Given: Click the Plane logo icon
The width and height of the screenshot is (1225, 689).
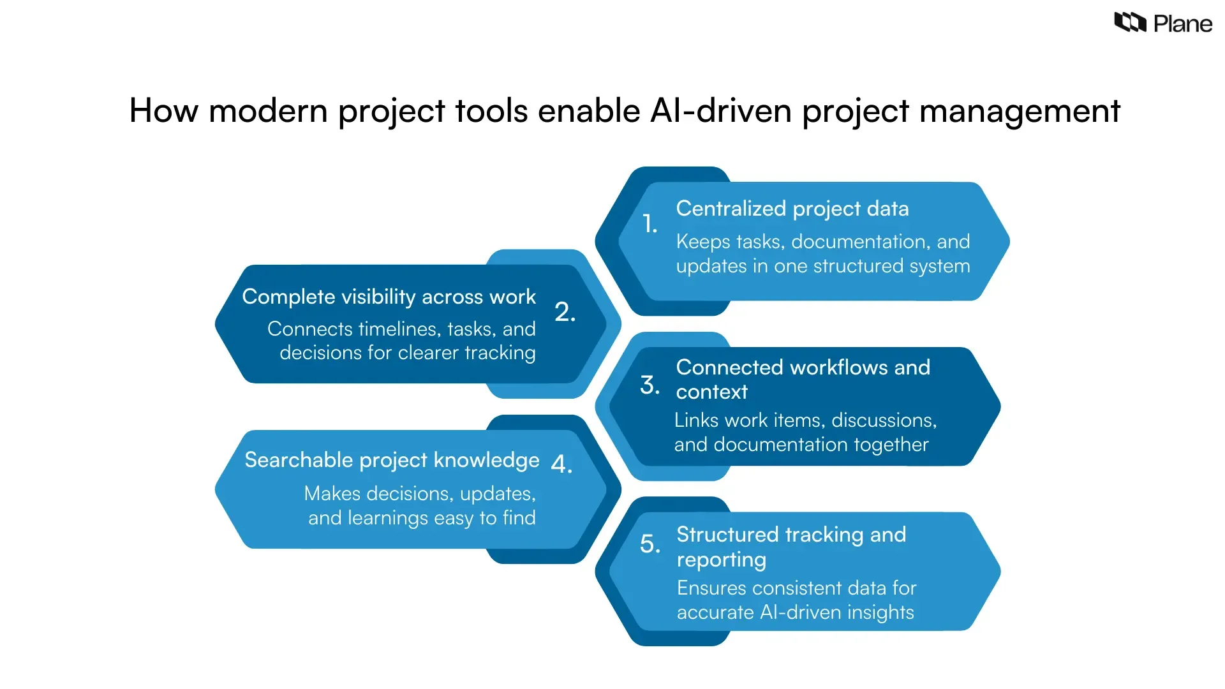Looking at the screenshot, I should (x=1130, y=22).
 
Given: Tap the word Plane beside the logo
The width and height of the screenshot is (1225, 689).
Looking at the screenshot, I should (x=1182, y=24).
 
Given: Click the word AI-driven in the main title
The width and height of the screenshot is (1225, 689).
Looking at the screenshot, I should (x=721, y=110).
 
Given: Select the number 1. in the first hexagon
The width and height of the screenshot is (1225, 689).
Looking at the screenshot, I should (x=650, y=224).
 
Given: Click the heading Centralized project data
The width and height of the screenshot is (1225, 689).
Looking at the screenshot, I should (x=792, y=209).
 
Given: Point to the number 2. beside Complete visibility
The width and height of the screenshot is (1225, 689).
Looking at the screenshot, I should (x=565, y=312).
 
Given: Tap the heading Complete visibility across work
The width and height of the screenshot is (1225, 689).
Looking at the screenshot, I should (x=389, y=297).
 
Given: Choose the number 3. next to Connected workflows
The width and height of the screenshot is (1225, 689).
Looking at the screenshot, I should (x=650, y=385).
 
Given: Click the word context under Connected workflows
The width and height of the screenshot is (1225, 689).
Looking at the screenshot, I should (x=711, y=392).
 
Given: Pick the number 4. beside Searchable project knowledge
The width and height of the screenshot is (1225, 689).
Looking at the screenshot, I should (x=561, y=464).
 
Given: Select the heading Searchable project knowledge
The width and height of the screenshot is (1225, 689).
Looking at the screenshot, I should (x=392, y=460).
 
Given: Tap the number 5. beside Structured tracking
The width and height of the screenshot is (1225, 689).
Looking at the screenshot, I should (x=650, y=544).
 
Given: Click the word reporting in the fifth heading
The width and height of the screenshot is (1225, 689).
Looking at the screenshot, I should (x=721, y=559).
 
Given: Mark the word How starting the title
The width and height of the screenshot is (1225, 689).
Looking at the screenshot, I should (x=164, y=110).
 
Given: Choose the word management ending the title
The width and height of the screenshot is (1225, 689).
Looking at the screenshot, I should (x=1020, y=110).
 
